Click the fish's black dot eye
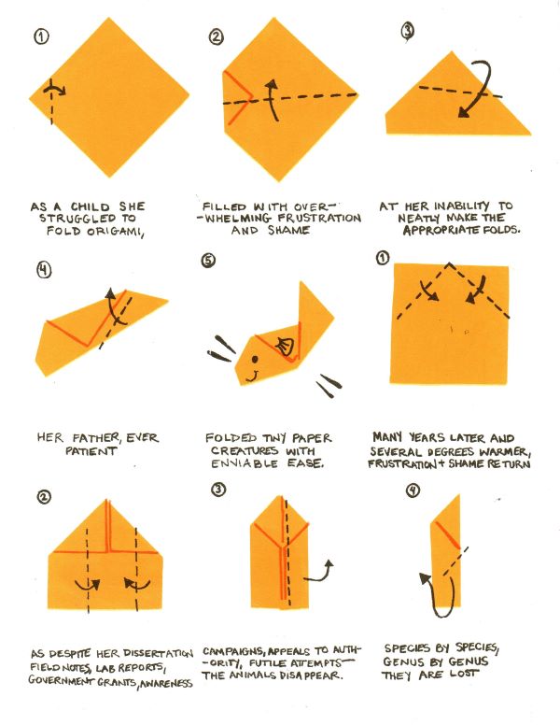pos(255,359)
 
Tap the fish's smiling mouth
pos(252,376)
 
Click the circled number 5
pos(208,261)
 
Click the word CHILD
pos(91,206)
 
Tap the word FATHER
pos(96,437)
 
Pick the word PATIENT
pos(91,451)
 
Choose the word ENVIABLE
pos(245,463)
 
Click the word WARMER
pos(506,451)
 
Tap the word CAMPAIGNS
pos(233,652)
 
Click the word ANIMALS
pos(253,675)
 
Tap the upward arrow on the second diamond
pos(273,99)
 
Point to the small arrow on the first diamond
pos(54,89)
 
